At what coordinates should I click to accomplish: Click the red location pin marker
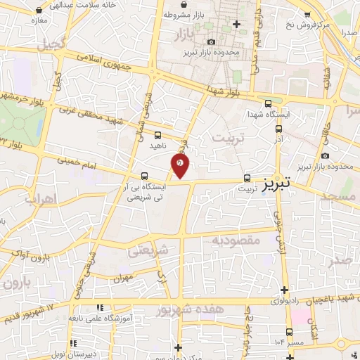click(181, 165)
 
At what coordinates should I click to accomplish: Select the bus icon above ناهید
click(157, 134)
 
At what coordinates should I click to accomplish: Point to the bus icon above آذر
click(279, 129)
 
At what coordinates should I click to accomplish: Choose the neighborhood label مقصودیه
click(236, 240)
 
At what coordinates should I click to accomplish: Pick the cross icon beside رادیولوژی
click(284, 290)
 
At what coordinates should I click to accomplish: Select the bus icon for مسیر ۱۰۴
click(289, 331)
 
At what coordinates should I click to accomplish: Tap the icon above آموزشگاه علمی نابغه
click(100, 308)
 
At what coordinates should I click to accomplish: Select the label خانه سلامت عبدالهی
click(76, 4)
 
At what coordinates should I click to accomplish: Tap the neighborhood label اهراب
click(40, 199)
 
